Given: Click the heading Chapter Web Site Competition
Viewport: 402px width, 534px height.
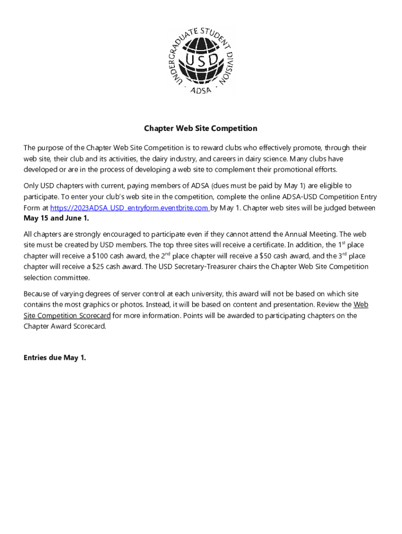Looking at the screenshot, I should (201, 128).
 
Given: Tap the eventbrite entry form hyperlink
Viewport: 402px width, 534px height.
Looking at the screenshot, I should (130, 208).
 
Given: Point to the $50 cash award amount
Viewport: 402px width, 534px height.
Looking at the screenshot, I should (271, 256).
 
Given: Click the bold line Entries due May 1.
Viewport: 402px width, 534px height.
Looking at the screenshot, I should (55, 358).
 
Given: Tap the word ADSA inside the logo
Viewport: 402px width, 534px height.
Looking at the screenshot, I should (201, 89).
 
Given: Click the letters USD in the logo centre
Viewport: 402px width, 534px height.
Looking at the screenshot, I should (201, 61).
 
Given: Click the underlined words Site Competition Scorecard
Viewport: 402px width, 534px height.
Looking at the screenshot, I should (67, 315).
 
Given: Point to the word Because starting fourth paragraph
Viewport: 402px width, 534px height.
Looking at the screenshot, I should (38, 294).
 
